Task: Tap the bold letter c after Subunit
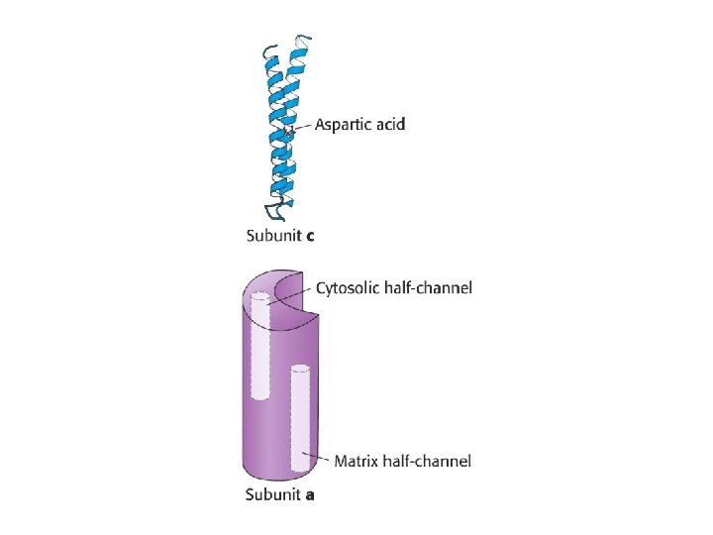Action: (x=310, y=236)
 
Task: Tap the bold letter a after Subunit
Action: (x=310, y=494)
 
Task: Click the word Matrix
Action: (x=356, y=461)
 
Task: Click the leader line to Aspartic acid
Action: (x=302, y=126)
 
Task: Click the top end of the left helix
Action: (x=268, y=50)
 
